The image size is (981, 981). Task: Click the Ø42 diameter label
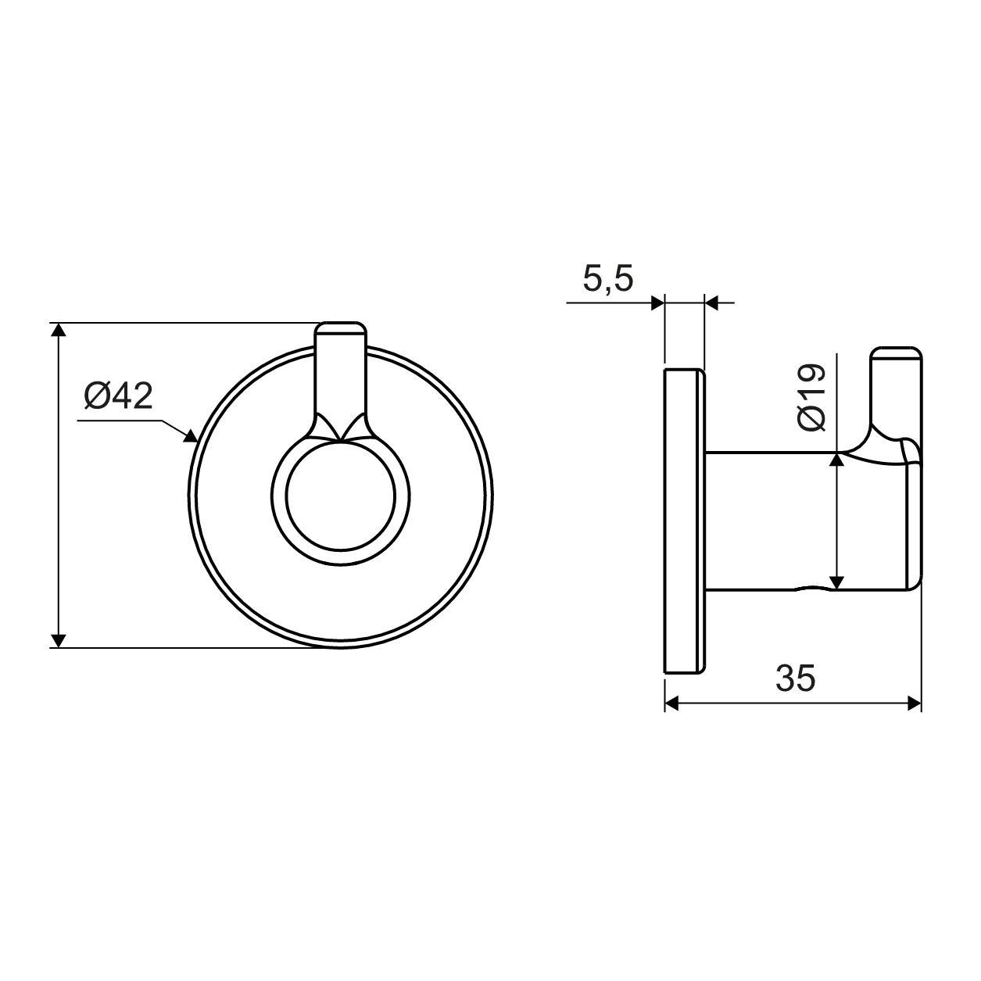[x=119, y=397]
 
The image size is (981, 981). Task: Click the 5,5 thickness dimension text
[x=608, y=280]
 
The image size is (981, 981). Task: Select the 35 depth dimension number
[x=795, y=678]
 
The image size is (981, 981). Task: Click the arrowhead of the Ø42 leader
[x=192, y=436]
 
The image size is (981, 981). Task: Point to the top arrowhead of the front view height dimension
[x=59, y=330]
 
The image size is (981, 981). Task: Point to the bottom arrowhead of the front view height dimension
[x=59, y=640]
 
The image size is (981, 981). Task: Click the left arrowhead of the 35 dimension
[x=672, y=704]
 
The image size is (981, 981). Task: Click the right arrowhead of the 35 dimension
[x=915, y=704]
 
